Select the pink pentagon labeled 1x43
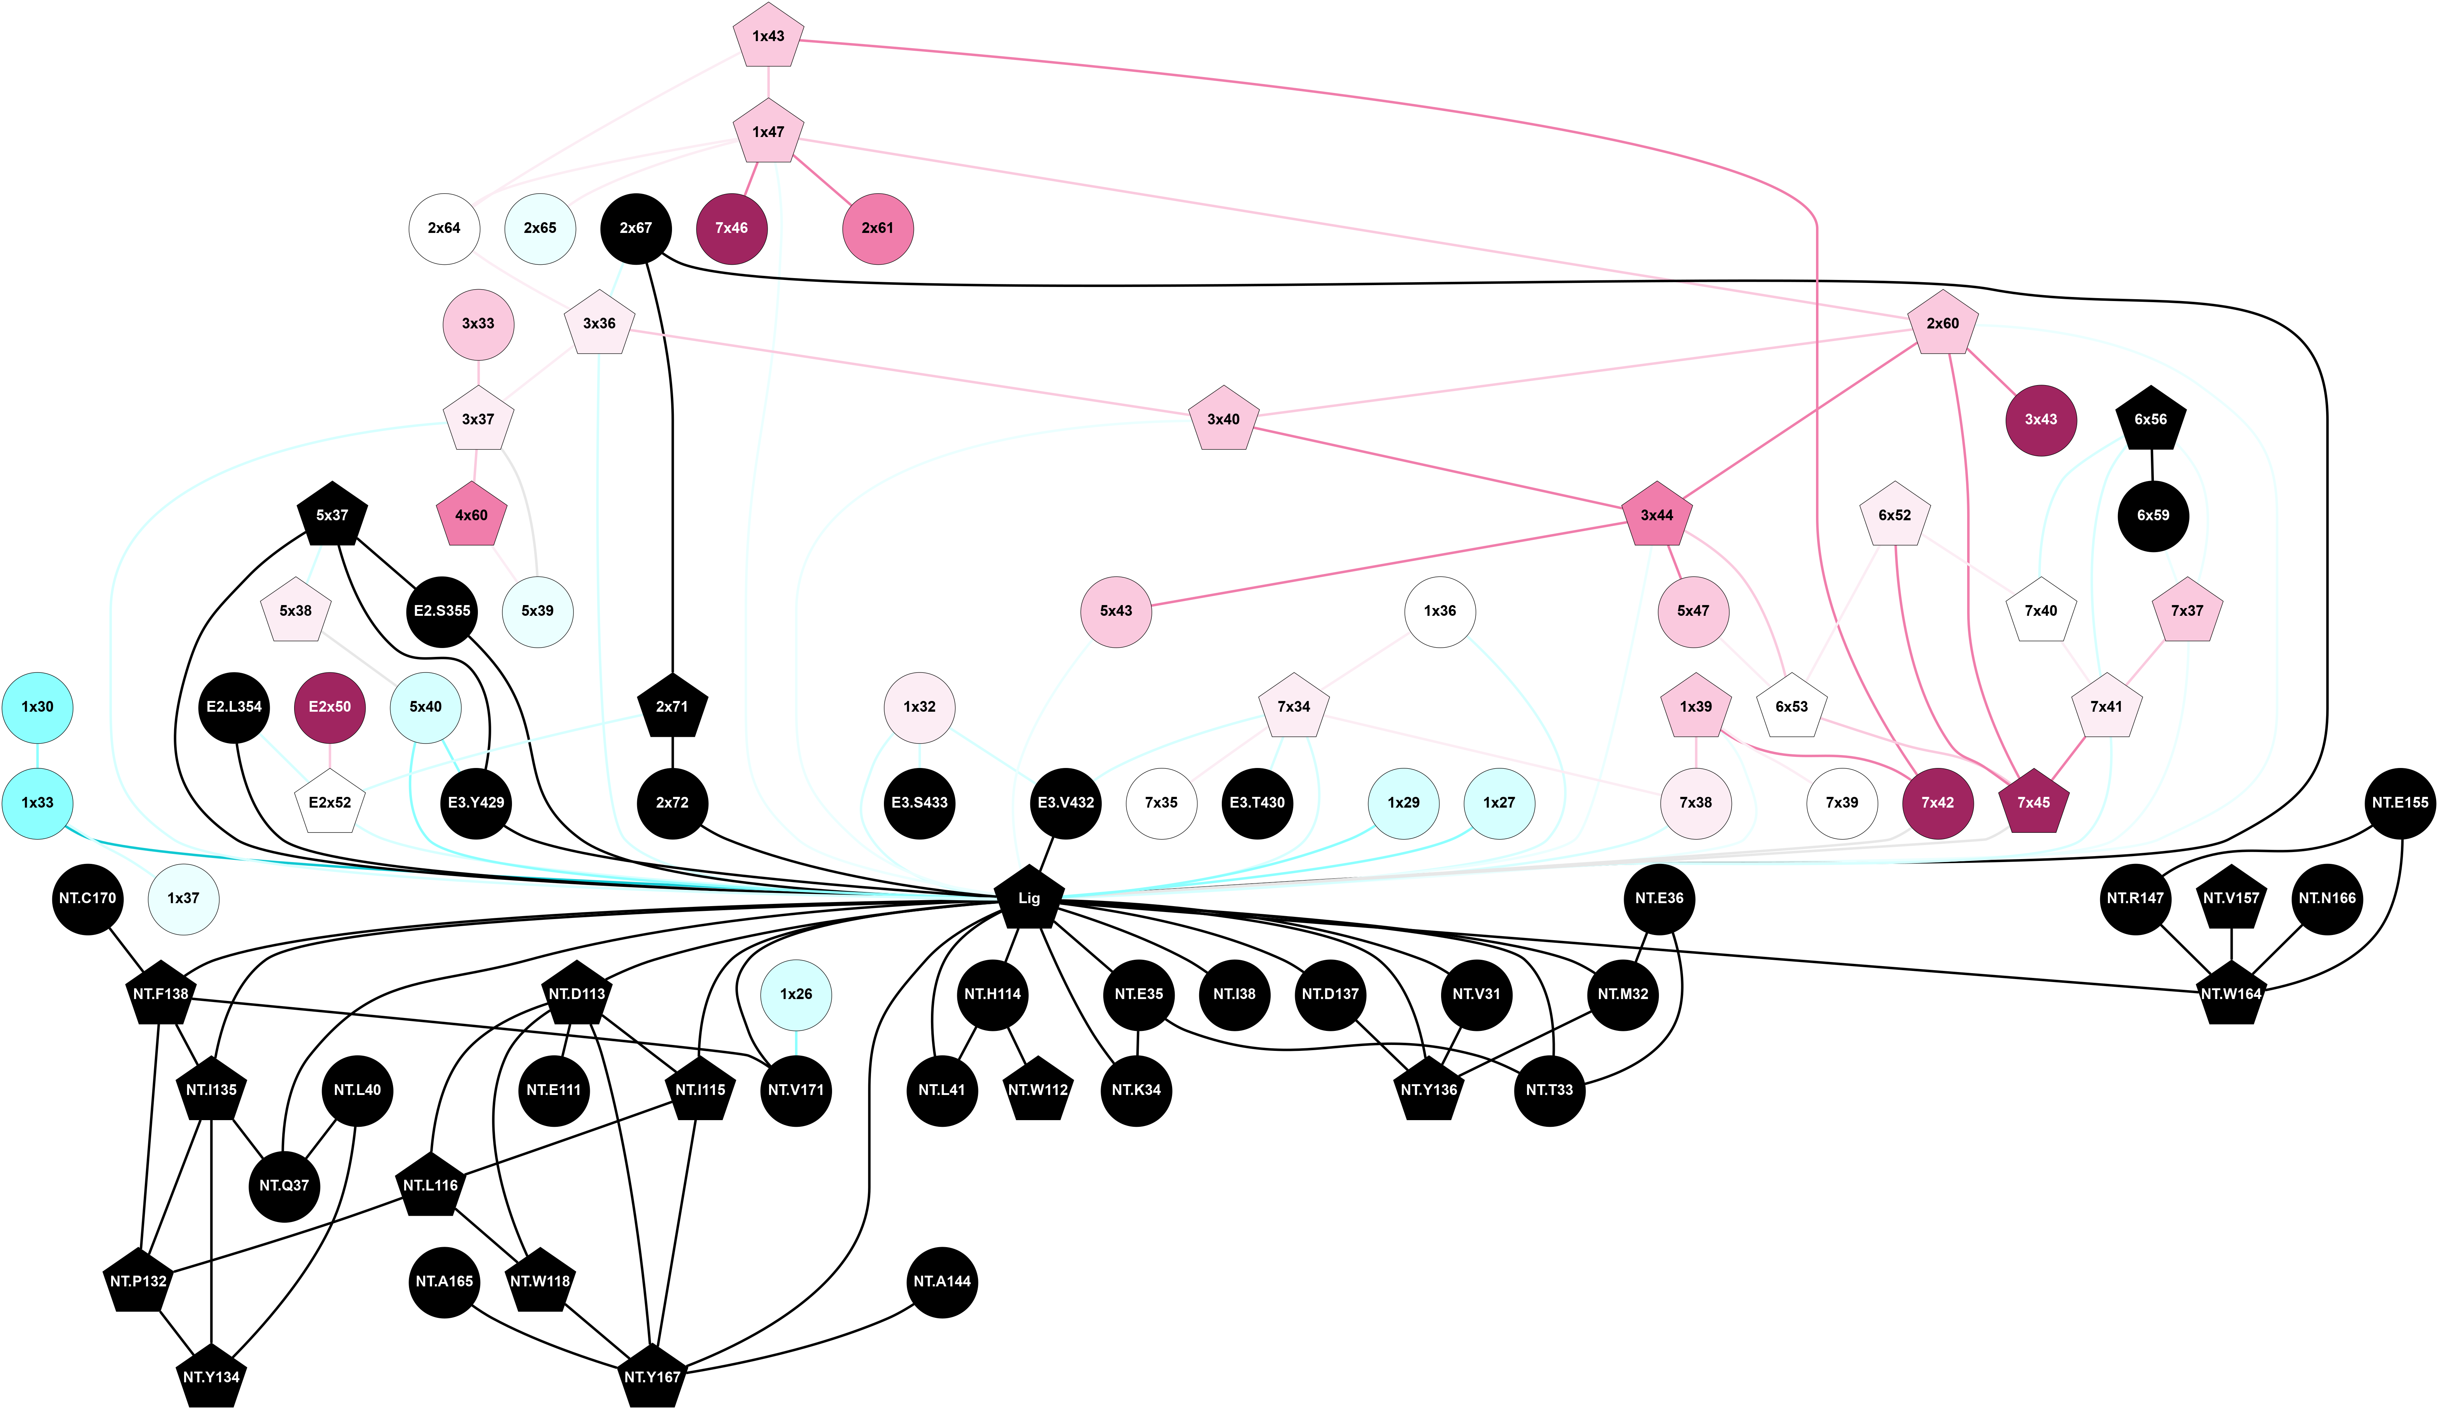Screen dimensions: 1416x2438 pyautogui.click(x=768, y=37)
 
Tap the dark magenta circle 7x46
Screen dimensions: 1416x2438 pyautogui.click(x=731, y=228)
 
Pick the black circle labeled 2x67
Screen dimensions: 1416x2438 pyautogui.click(x=636, y=228)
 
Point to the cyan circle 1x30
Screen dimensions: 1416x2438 pyautogui.click(x=38, y=707)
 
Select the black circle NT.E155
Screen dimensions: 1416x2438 pyautogui.click(x=2399, y=803)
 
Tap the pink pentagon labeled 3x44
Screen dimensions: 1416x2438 pyautogui.click(x=1656, y=515)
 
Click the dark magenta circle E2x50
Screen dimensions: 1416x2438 pyautogui.click(x=330, y=707)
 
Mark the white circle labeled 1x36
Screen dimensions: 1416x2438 pyautogui.click(x=1440, y=611)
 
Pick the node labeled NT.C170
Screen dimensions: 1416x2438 pyautogui.click(x=87, y=899)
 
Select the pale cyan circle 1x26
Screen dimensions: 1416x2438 pyautogui.click(x=795, y=994)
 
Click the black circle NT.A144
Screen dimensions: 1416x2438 pyautogui.click(x=942, y=1282)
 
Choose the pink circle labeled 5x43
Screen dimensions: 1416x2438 pyautogui.click(x=1117, y=611)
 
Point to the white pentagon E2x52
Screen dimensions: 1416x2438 pyautogui.click(x=330, y=803)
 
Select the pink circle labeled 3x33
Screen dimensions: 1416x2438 pyautogui.click(x=478, y=324)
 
